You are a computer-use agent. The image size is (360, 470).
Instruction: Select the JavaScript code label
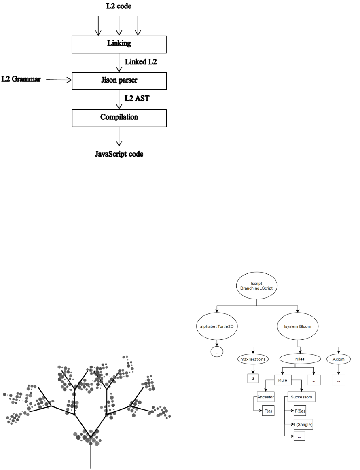119,154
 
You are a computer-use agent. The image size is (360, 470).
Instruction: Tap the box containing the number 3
253,379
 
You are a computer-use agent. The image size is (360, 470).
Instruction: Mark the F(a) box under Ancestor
267,411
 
